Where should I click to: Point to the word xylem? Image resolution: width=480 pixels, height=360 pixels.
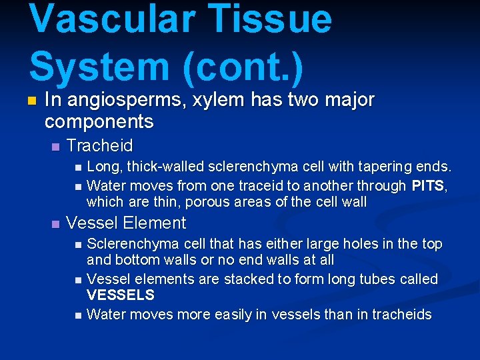coord(213,100)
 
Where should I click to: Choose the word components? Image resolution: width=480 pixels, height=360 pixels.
coord(99,122)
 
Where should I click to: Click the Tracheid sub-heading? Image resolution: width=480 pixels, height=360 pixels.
coord(100,145)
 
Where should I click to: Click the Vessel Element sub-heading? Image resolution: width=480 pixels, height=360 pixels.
coord(127,223)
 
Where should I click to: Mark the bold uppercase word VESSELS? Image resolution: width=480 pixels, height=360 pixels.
coord(121,295)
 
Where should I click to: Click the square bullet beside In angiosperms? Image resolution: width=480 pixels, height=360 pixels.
coord(30,101)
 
